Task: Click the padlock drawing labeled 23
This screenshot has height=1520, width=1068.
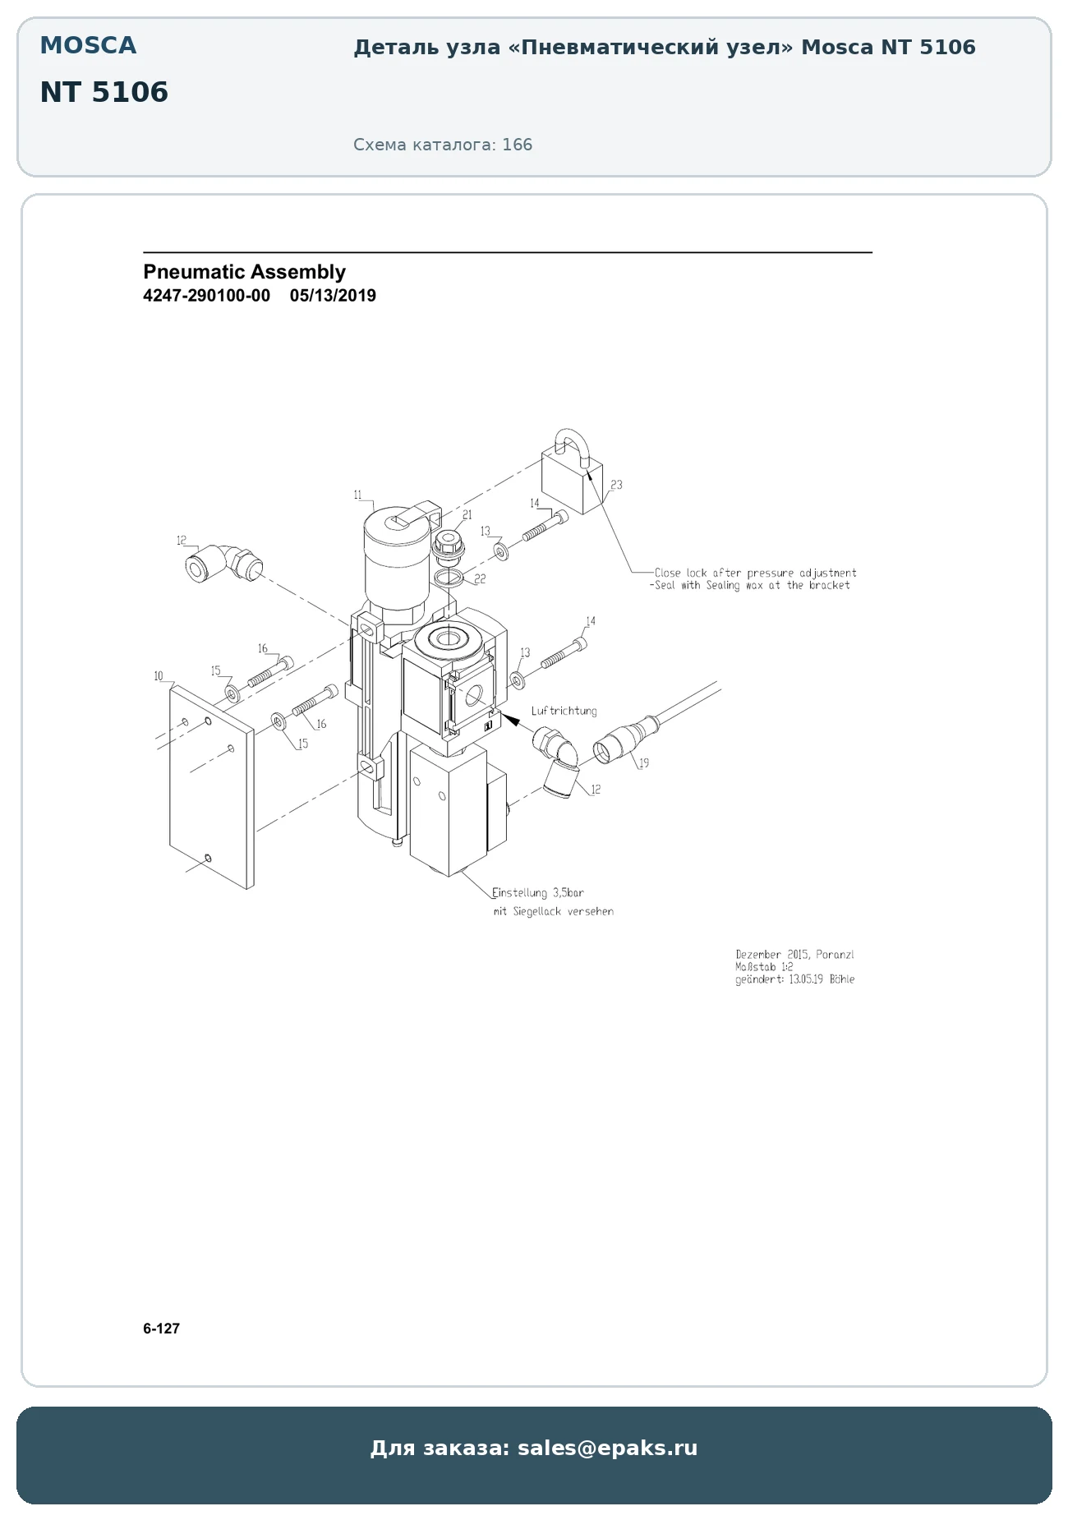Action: pyautogui.click(x=571, y=475)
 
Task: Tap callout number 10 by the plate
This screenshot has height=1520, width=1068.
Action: pyautogui.click(x=159, y=676)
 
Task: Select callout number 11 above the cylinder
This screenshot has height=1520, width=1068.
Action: pyautogui.click(x=358, y=495)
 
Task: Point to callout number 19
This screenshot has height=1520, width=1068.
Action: pyautogui.click(x=644, y=763)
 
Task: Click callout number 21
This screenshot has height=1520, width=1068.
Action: pyautogui.click(x=467, y=515)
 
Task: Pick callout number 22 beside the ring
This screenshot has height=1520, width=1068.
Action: pyautogui.click(x=481, y=579)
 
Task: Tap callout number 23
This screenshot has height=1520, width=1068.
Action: pyautogui.click(x=616, y=485)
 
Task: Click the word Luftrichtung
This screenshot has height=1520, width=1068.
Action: pyautogui.click(x=564, y=711)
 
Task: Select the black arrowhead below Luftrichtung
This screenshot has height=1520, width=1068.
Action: pyautogui.click(x=510, y=720)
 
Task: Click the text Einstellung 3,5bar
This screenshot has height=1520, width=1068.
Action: pyautogui.click(x=538, y=893)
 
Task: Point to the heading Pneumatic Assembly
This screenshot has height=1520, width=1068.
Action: pyautogui.click(x=244, y=272)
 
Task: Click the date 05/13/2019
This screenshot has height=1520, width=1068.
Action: pyautogui.click(x=333, y=296)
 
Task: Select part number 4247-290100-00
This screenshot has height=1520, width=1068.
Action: pyautogui.click(x=206, y=296)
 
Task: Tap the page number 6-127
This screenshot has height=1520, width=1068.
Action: pyautogui.click(x=161, y=1329)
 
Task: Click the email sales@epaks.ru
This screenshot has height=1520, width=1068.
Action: pyautogui.click(x=607, y=1448)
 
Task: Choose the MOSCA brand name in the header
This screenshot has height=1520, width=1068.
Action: pyautogui.click(x=88, y=45)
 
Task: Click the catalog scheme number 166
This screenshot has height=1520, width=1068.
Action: pyautogui.click(x=518, y=145)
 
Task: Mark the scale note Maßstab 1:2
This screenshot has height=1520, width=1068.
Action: pyautogui.click(x=764, y=967)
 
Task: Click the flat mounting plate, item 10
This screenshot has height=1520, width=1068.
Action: pyautogui.click(x=212, y=788)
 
